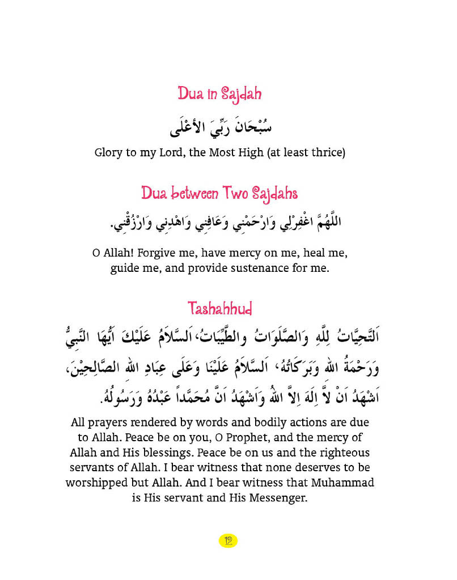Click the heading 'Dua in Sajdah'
[x=220, y=93]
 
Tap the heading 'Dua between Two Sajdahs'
[x=219, y=194]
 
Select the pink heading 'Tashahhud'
[x=220, y=309]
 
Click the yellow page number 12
[x=228, y=540]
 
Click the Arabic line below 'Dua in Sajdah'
[x=221, y=127]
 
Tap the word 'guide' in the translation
[x=125, y=268]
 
